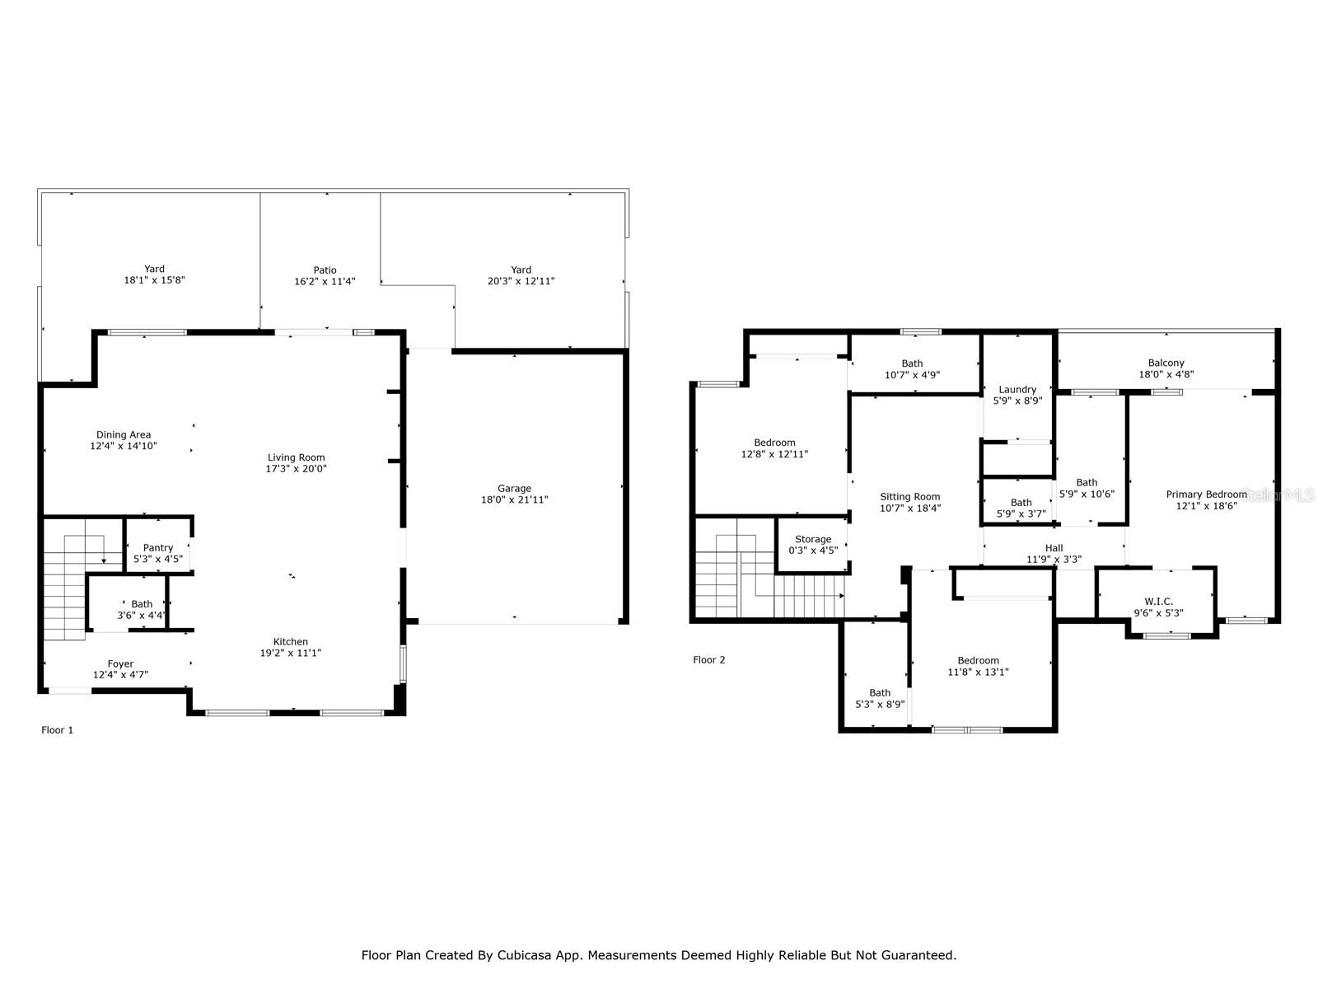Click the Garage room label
point(514,489)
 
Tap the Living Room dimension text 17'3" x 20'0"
point(296,469)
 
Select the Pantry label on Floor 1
point(157,548)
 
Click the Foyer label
point(120,664)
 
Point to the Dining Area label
point(124,435)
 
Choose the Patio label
point(325,270)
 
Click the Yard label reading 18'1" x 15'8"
point(154,269)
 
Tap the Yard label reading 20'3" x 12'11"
point(521,270)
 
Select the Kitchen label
point(291,642)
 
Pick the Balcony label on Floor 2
point(1166,363)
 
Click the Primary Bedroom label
point(1206,494)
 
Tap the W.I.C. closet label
point(1158,602)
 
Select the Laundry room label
point(1017,390)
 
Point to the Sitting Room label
point(909,497)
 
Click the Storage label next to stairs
point(813,540)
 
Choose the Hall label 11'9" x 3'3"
point(1054,548)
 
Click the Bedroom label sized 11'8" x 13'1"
point(978,661)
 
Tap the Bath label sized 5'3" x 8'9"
point(880,693)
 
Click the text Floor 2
point(708,660)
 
